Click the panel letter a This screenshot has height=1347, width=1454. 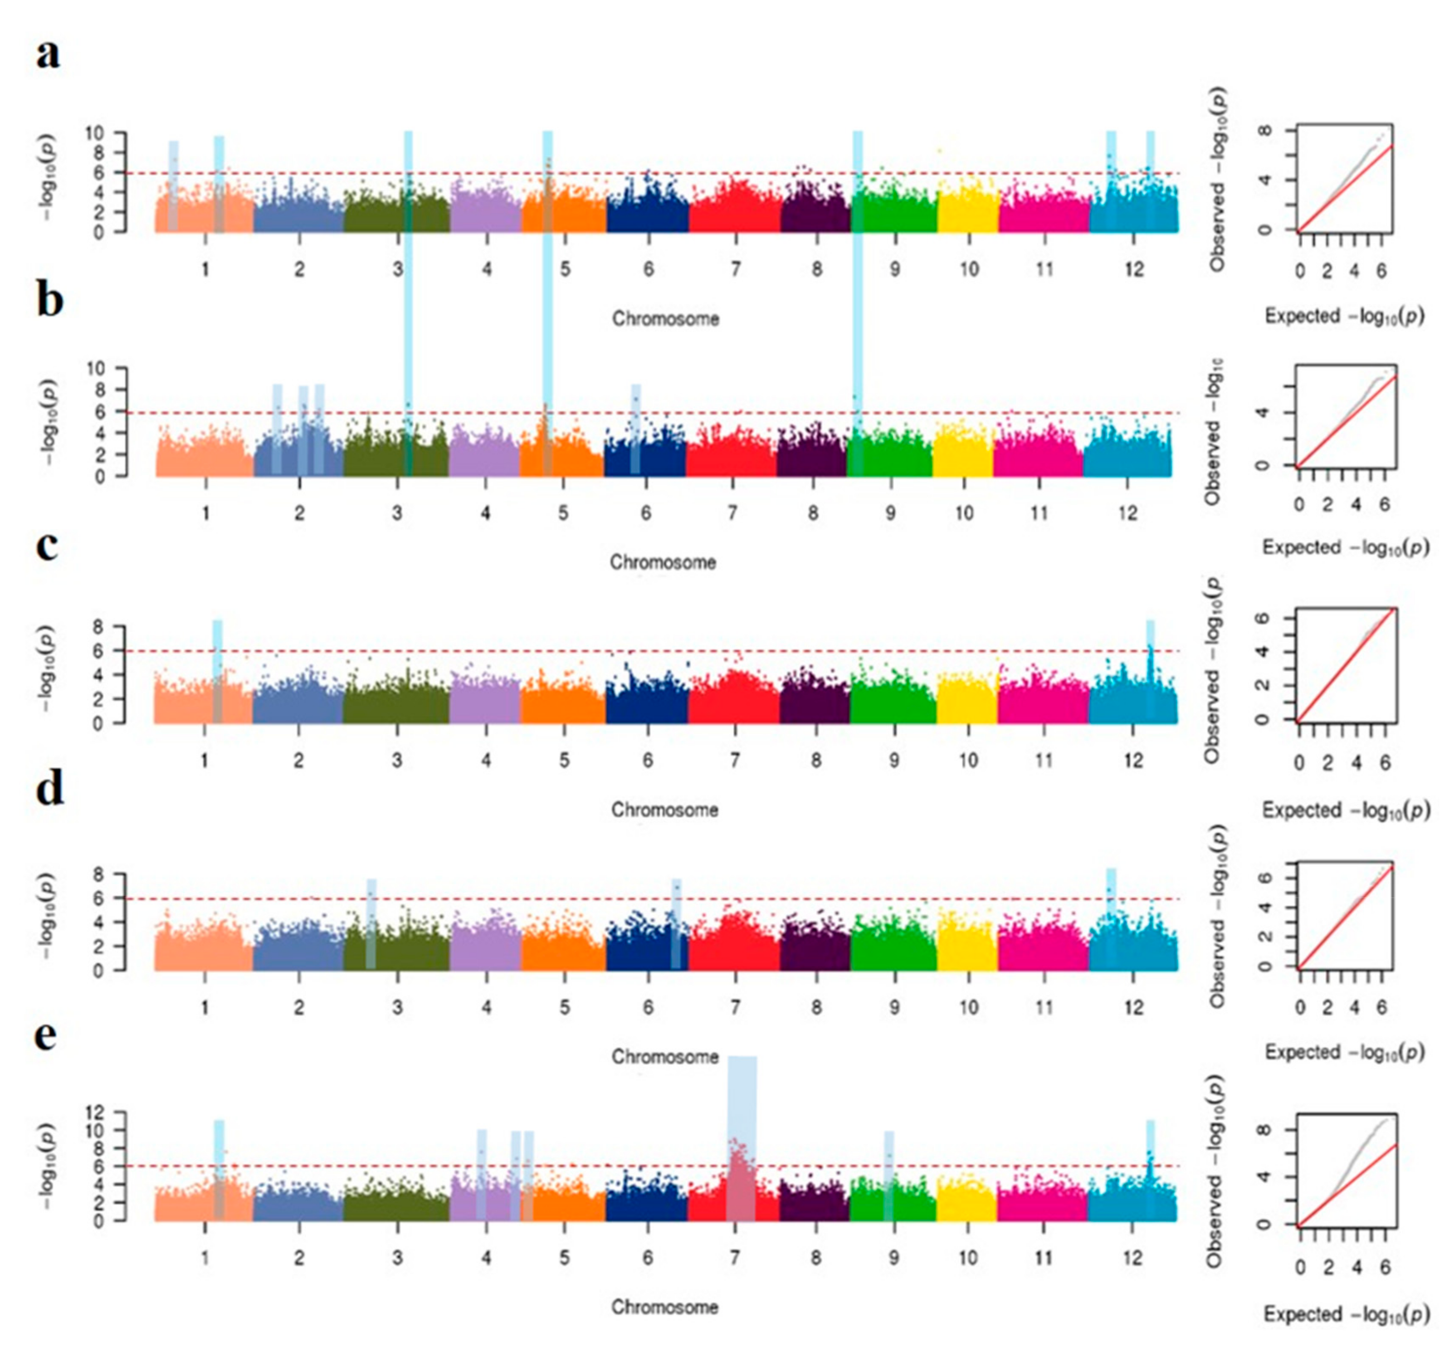pos(48,54)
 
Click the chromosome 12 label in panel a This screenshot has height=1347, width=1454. pos(1133,270)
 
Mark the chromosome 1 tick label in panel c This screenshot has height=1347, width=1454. pos(205,760)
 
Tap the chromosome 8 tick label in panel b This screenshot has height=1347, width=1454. pos(813,513)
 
